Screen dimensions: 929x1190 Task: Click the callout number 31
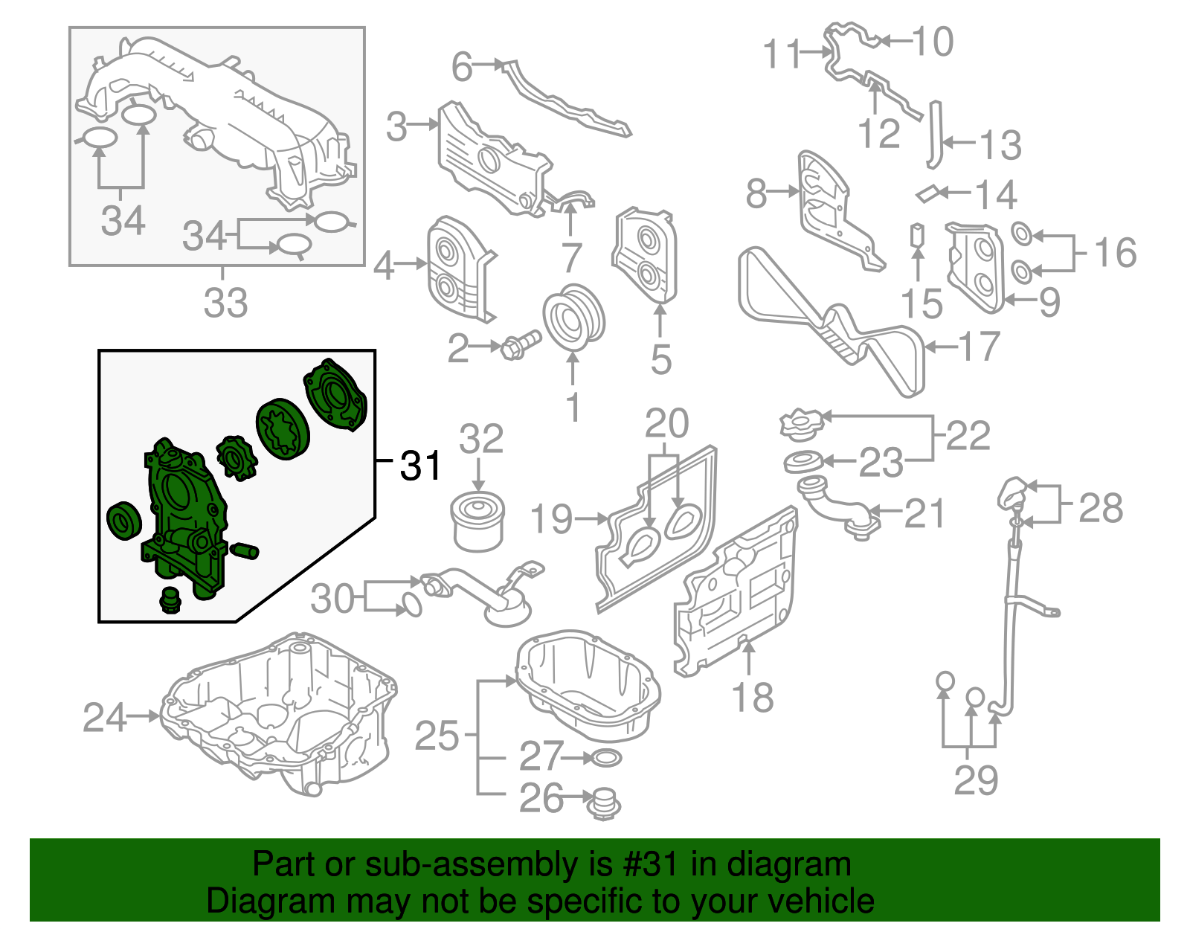(421, 466)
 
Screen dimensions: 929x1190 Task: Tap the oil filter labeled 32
(480, 523)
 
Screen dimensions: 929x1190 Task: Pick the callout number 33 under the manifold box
(225, 303)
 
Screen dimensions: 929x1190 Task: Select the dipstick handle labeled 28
(1012, 492)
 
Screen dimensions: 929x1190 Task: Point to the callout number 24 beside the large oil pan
(104, 717)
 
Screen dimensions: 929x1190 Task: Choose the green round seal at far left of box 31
(123, 520)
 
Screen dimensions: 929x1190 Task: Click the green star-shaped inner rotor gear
(237, 457)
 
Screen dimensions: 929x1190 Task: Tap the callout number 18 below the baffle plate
(753, 698)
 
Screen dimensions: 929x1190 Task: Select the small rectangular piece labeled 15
(918, 234)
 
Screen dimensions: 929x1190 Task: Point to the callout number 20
(666, 424)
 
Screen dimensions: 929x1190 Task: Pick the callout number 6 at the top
(462, 67)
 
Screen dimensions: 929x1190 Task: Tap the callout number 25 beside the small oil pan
(437, 736)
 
